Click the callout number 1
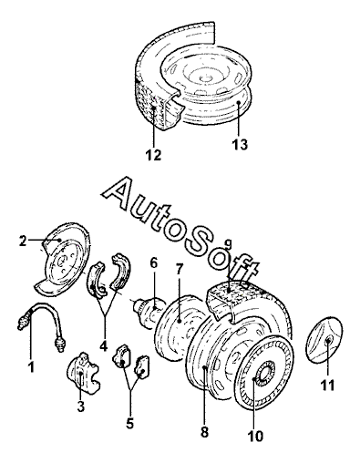(30, 366)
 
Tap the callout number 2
(23, 241)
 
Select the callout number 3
(80, 406)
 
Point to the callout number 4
(104, 346)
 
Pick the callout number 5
(129, 423)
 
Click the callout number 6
(154, 262)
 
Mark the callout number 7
(180, 269)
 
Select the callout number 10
(255, 437)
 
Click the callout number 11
(327, 386)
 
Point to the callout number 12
(153, 155)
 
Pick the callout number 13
(240, 145)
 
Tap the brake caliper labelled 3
(83, 372)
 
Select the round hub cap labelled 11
(325, 340)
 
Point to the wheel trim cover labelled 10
(264, 372)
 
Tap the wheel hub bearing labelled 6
(149, 313)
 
